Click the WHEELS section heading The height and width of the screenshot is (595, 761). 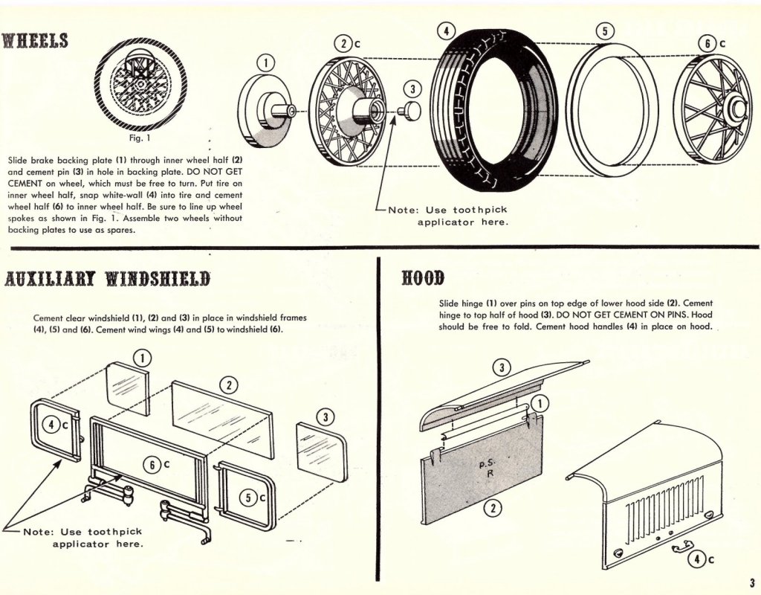(34, 41)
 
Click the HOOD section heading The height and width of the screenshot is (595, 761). (423, 278)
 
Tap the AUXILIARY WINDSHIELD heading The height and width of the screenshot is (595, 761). (107, 280)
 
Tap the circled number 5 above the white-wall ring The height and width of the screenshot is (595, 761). (604, 31)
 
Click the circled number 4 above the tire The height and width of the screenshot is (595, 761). (446, 30)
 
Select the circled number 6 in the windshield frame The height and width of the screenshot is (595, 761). (152, 466)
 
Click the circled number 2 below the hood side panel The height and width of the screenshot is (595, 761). (493, 509)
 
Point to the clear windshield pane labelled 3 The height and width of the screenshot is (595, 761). (322, 451)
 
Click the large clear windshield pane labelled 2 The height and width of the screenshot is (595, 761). (221, 419)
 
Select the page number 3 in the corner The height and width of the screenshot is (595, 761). (752, 582)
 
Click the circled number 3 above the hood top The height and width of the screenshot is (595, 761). (502, 367)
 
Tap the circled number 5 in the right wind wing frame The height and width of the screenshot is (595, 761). (248, 498)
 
